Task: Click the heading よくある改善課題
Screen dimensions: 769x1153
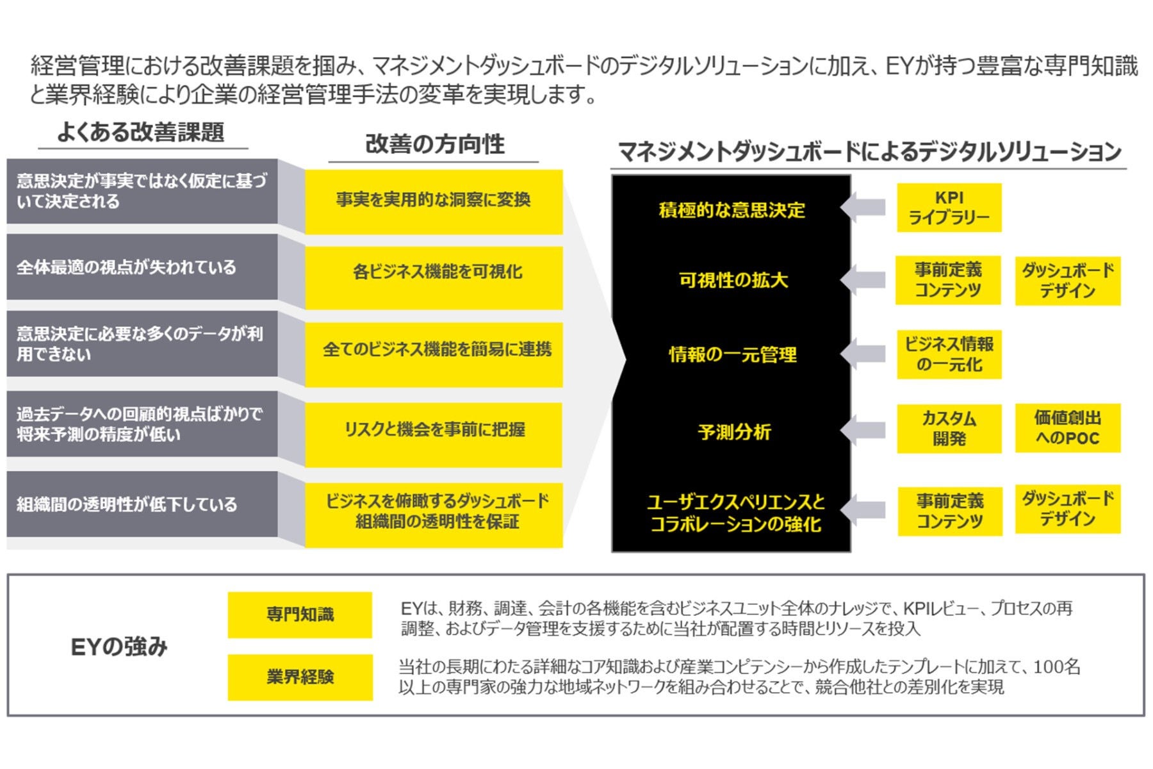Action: [141, 132]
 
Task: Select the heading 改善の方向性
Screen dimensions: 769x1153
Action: [434, 145]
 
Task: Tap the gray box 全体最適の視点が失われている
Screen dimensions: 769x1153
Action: [142, 267]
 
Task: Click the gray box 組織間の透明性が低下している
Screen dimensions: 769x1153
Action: [142, 504]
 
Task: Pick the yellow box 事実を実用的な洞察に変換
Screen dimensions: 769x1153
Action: [434, 201]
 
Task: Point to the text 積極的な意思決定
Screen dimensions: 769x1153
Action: [732, 210]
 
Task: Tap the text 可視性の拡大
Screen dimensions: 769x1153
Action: [733, 280]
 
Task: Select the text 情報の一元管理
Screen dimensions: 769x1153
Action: [733, 354]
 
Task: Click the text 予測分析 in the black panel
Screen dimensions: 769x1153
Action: [734, 432]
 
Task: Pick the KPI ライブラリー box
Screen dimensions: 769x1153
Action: [949, 208]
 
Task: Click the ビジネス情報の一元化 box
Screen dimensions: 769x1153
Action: [949, 354]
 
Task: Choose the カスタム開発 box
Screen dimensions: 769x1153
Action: [949, 429]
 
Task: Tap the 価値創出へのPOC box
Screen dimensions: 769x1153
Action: [1067, 428]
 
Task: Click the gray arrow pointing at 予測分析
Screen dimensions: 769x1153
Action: [863, 431]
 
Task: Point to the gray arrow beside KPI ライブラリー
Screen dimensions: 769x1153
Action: [863, 207]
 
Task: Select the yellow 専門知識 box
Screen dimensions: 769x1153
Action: [300, 615]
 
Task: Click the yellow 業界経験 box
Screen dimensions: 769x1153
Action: [300, 677]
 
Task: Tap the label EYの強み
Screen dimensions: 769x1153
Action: [119, 647]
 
